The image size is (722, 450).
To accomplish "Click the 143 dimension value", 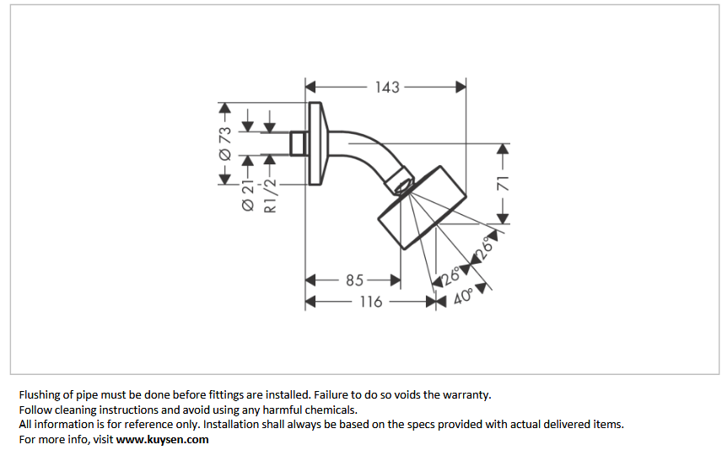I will tap(387, 87).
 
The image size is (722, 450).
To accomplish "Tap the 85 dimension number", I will tap(354, 280).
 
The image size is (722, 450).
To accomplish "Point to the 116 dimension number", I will tap(371, 301).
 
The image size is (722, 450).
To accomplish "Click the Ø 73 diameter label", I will tap(225, 143).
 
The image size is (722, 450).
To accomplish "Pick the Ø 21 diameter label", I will tap(249, 195).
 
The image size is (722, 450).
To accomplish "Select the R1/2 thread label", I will tap(270, 196).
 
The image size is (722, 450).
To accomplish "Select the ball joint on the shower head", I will tap(402, 182).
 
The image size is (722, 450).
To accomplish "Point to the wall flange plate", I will tap(316, 143).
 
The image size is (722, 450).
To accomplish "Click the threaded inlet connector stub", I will tap(298, 143).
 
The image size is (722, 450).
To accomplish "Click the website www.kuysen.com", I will tap(162, 439).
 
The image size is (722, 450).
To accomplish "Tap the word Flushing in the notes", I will tap(40, 394).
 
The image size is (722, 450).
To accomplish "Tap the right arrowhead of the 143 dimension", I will tap(461, 87).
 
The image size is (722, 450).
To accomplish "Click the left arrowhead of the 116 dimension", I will tap(310, 301).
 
